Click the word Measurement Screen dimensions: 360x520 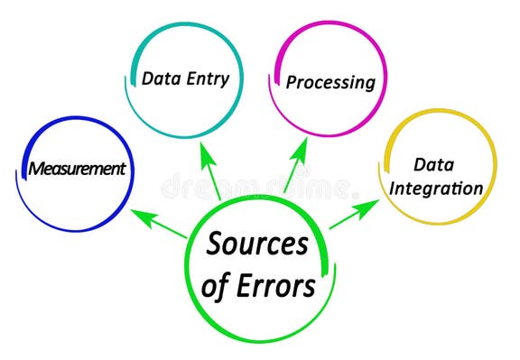coord(77,168)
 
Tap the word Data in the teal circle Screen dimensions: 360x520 coord(160,78)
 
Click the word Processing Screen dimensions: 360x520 coord(330,82)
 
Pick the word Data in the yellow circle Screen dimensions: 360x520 coord(433,164)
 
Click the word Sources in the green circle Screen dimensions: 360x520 coord(257,244)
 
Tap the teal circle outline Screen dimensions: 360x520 coord(181,27)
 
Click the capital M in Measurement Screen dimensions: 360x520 coord(36,169)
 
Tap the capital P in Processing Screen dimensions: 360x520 coord(292,83)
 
